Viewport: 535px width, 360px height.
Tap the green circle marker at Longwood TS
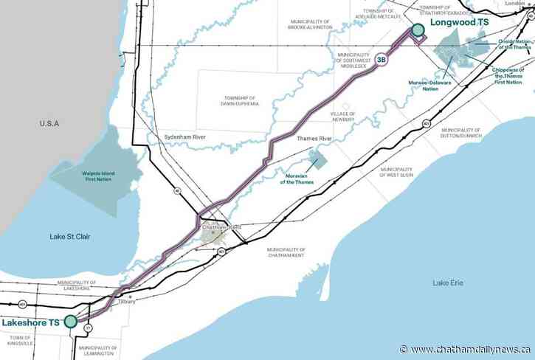pyautogui.click(x=418, y=30)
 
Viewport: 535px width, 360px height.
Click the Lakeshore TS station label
pyautogui.click(x=30, y=322)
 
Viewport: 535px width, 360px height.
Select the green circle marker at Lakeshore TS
pyautogui.click(x=70, y=321)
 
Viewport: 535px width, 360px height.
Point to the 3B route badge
pyautogui.click(x=382, y=60)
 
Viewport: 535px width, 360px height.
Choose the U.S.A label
pyautogui.click(x=49, y=124)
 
